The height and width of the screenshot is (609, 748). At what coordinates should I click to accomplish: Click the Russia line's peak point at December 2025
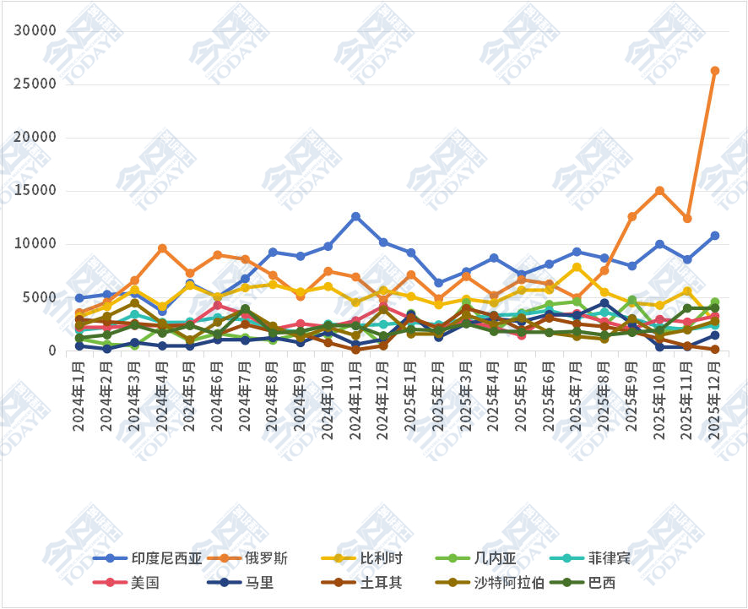tap(714, 71)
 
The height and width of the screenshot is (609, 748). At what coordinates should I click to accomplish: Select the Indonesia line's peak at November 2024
tap(355, 217)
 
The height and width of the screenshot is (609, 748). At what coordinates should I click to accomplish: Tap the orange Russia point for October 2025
tap(659, 191)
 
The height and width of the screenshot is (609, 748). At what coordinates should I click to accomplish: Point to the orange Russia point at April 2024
tap(162, 248)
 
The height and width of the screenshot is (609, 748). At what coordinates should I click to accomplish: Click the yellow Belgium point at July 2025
tap(577, 268)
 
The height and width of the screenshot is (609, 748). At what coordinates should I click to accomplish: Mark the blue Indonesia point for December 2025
tap(714, 236)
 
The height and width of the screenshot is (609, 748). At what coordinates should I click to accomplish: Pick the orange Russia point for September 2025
tap(631, 217)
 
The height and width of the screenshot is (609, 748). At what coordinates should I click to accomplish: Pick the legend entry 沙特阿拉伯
tap(508, 582)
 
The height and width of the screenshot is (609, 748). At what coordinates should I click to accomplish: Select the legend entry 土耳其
tap(381, 582)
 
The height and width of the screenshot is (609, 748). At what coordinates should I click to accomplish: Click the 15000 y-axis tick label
tap(35, 191)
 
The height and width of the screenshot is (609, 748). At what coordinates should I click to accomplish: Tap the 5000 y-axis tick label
tap(40, 297)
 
